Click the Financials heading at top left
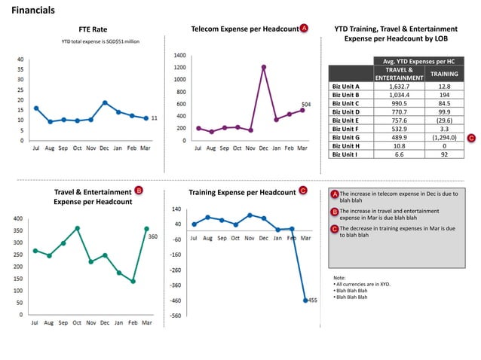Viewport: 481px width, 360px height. click(x=32, y=11)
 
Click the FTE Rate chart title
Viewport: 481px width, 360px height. click(x=93, y=29)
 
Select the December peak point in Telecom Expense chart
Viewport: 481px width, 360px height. click(x=264, y=66)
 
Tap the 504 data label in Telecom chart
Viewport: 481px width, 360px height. click(x=306, y=103)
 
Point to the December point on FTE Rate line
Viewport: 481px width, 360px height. click(x=105, y=102)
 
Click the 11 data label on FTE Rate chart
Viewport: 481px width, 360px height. click(x=154, y=118)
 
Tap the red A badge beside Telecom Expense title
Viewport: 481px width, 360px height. click(x=304, y=28)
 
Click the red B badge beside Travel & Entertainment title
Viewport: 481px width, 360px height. click(x=139, y=191)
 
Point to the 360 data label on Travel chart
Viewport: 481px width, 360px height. click(x=152, y=236)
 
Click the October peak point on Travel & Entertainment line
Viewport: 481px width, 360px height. click(x=77, y=227)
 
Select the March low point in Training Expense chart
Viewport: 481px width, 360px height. click(x=305, y=300)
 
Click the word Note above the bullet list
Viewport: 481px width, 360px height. click(x=339, y=277)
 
